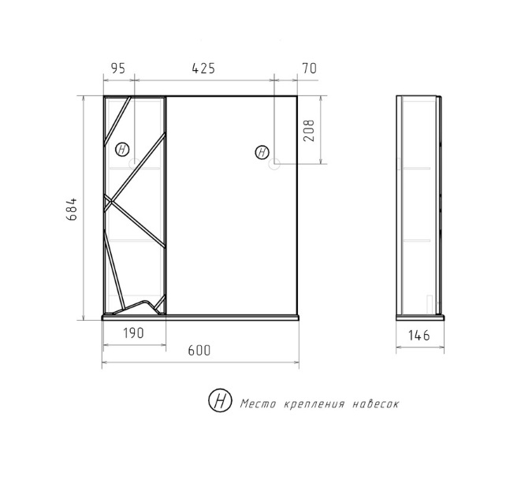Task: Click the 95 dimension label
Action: tap(117, 68)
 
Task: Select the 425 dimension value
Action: tap(203, 68)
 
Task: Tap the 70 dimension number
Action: tap(310, 68)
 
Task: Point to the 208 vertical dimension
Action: tap(309, 130)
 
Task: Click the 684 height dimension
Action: tap(72, 209)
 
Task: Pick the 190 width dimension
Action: tap(133, 333)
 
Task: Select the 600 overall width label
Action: tap(199, 350)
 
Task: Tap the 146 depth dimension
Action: tap(419, 336)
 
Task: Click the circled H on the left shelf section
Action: tap(122, 150)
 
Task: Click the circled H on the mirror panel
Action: tap(262, 152)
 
